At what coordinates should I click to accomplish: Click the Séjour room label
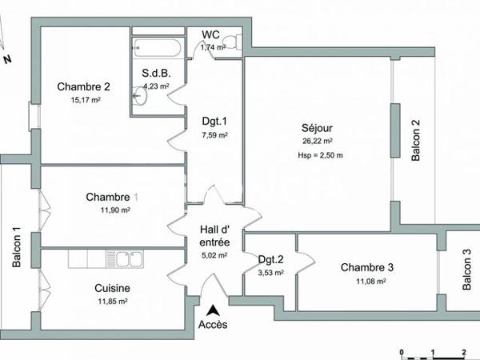pos(317,128)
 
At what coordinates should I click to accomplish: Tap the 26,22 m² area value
pos(317,142)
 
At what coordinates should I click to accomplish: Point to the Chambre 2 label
pos(84,87)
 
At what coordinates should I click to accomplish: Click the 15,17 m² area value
pos(85,101)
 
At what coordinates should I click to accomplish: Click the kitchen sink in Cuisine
pos(128,258)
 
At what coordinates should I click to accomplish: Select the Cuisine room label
pos(113,289)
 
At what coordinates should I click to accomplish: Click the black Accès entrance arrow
pos(214,311)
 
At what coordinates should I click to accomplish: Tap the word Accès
pos(213,325)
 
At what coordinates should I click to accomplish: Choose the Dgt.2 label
pos(270,259)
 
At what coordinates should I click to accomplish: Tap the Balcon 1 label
pos(17,246)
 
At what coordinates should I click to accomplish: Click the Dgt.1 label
pos(214,122)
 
